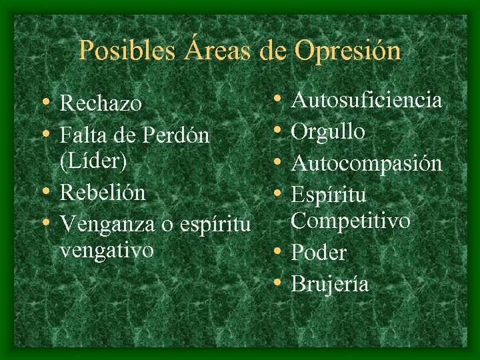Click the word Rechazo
(x=101, y=104)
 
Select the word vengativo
(x=106, y=251)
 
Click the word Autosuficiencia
(x=367, y=101)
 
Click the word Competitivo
(x=350, y=221)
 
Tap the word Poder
(x=319, y=253)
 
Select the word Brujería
(x=331, y=284)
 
